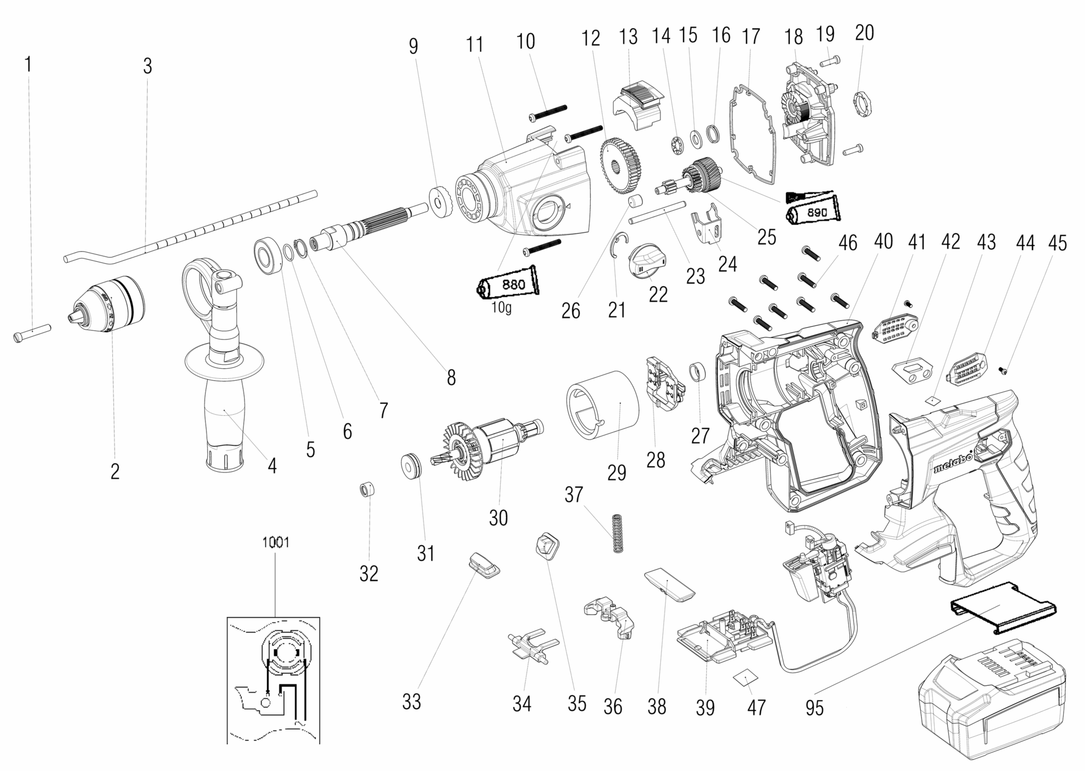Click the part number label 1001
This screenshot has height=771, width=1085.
click(x=276, y=542)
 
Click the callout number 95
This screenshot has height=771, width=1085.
click(x=814, y=708)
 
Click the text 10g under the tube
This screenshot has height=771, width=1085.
click(x=502, y=309)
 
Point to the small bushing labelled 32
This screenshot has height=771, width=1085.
click(x=368, y=490)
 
